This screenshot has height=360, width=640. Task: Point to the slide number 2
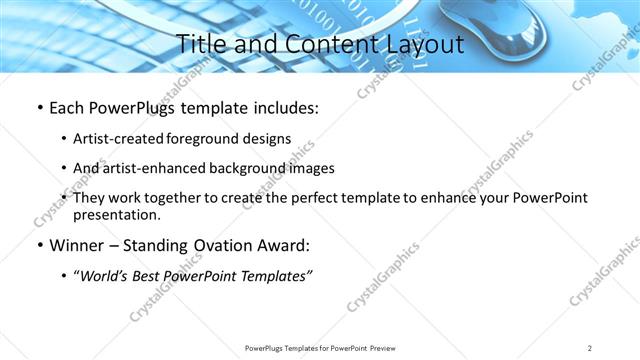[590, 347]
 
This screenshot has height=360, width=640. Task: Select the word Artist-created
[112, 138]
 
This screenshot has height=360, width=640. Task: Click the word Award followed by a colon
[277, 245]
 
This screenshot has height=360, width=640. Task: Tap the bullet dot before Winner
[39, 245]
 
